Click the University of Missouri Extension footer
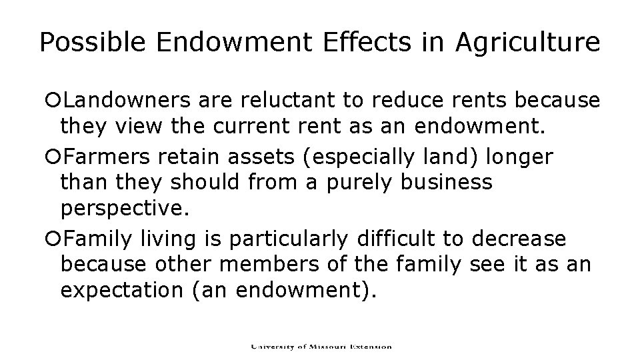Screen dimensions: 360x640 coord(321,347)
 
